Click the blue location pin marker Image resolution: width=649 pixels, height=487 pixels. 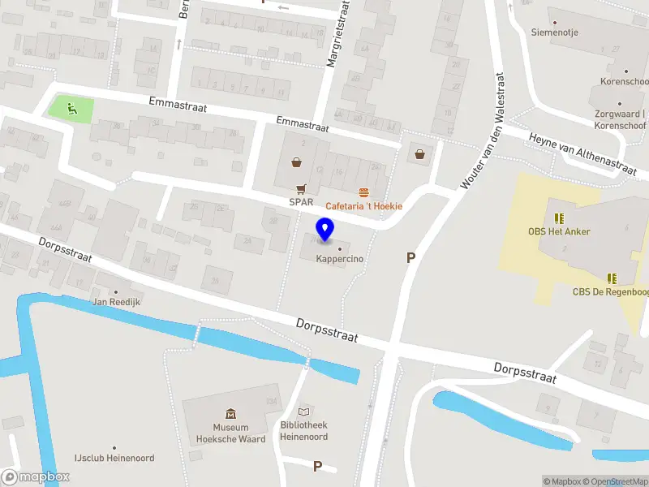click(325, 230)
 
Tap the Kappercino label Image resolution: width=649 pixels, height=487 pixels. click(339, 260)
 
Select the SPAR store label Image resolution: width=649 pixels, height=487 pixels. click(301, 201)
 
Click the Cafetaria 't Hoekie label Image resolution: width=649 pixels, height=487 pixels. click(364, 206)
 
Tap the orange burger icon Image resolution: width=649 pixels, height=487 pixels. click(364, 192)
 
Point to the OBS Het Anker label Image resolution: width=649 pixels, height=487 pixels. click(559, 231)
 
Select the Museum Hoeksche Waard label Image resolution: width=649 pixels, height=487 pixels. click(230, 433)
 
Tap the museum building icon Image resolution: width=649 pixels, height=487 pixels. click(230, 414)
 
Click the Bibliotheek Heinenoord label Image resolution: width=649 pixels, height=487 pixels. click(304, 431)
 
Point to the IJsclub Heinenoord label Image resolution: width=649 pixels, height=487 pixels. click(114, 459)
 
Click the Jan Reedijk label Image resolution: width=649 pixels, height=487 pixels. click(116, 302)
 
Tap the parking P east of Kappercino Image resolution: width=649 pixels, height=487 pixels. click(411, 258)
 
